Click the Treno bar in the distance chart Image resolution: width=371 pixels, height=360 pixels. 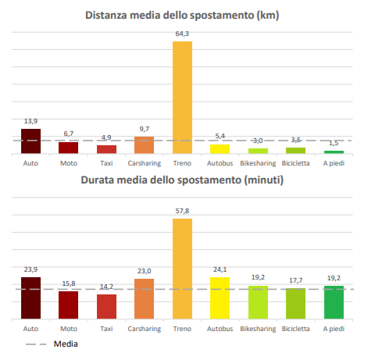pos(182,98)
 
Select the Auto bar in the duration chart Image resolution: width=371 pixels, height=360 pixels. pos(30,298)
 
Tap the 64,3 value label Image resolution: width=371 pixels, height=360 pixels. pos(182,34)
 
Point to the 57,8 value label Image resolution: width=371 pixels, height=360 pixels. pos(182,211)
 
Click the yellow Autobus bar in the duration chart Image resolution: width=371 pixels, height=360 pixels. pos(220,298)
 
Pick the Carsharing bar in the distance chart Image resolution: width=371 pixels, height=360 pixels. pos(144,145)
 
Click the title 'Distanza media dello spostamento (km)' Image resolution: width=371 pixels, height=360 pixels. pos(182,16)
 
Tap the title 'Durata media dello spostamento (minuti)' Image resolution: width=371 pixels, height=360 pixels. pos(182,180)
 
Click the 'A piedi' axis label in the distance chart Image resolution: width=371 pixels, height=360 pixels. pos(334,163)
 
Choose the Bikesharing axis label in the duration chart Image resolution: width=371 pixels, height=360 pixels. pos(258,329)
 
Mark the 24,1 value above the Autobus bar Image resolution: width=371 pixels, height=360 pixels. pos(220,269)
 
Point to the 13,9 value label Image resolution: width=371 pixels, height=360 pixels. pos(30,121)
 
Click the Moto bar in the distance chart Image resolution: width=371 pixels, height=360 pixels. pos(69,148)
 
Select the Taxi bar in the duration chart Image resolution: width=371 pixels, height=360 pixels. pos(106,307)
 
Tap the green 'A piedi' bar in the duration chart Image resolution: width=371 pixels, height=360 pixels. pos(334,302)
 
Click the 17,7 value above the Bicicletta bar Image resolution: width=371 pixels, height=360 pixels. pos(296,280)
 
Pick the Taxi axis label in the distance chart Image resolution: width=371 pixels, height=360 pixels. pos(106,163)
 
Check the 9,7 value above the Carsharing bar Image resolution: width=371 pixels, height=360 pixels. pos(144,129)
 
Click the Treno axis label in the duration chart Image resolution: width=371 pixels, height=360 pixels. pos(182,329)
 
